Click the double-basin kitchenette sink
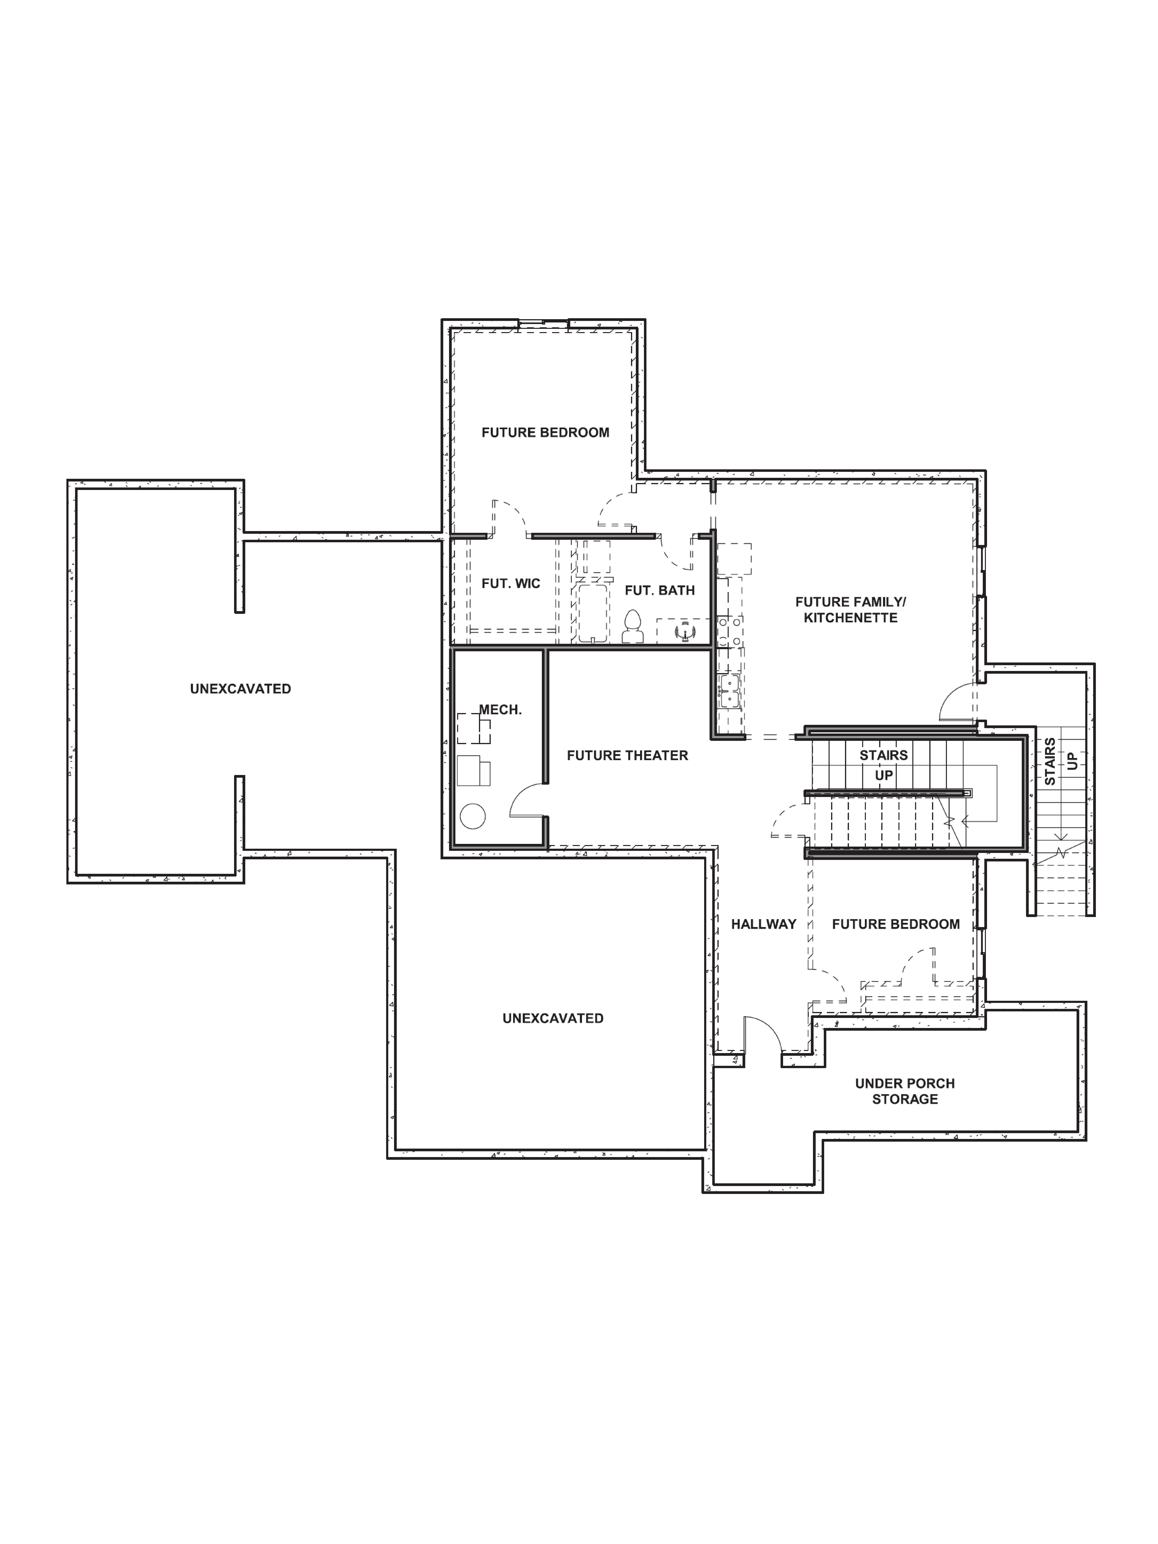pyautogui.click(x=729, y=690)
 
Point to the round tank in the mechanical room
pyautogui.click(x=473, y=816)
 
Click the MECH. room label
pyautogui.click(x=500, y=710)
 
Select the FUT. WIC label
pyautogui.click(x=510, y=584)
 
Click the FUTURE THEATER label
pyautogui.click(x=627, y=755)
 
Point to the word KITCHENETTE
pyautogui.click(x=850, y=618)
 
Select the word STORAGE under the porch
pyautogui.click(x=905, y=1099)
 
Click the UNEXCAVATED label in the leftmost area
pyautogui.click(x=240, y=689)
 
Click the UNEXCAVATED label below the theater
pyautogui.click(x=552, y=1018)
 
